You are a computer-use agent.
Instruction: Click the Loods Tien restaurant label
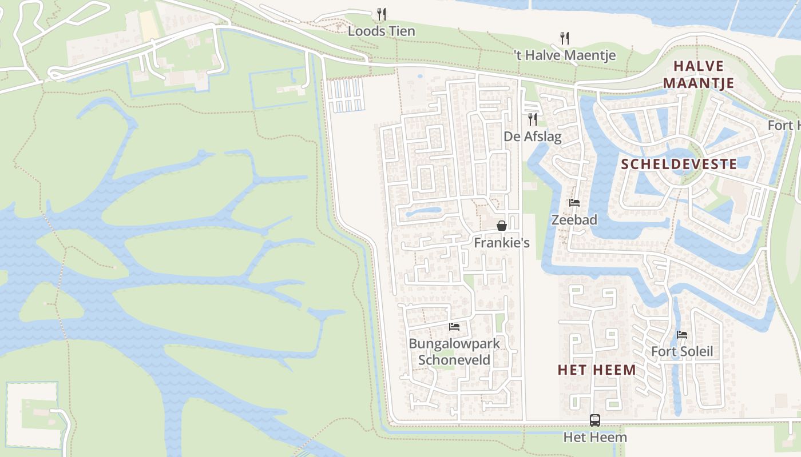(x=381, y=31)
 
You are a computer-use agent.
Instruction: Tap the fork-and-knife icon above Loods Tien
(x=382, y=14)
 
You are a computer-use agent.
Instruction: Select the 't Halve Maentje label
(x=565, y=55)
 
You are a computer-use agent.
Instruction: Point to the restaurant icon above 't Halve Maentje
(x=565, y=38)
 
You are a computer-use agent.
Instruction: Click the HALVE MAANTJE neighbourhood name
(x=698, y=74)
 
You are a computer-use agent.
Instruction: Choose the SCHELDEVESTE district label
(x=679, y=165)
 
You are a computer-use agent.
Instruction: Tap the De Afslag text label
(x=532, y=137)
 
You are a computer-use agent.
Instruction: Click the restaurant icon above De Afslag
(x=533, y=119)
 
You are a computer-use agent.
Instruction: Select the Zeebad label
(x=574, y=220)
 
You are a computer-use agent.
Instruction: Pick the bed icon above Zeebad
(x=574, y=203)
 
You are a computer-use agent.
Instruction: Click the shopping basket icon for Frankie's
(x=502, y=226)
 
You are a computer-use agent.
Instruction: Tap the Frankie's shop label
(x=502, y=243)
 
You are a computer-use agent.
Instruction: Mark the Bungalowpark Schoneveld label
(x=454, y=351)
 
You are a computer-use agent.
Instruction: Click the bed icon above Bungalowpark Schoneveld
(x=454, y=327)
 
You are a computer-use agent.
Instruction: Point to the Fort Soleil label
(x=682, y=351)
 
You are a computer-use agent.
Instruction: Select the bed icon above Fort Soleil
(x=682, y=335)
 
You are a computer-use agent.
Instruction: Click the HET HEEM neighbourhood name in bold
(x=597, y=370)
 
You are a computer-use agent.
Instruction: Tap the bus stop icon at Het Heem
(x=595, y=420)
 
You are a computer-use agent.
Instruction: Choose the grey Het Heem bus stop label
(x=595, y=438)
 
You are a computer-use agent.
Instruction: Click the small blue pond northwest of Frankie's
(x=423, y=213)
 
